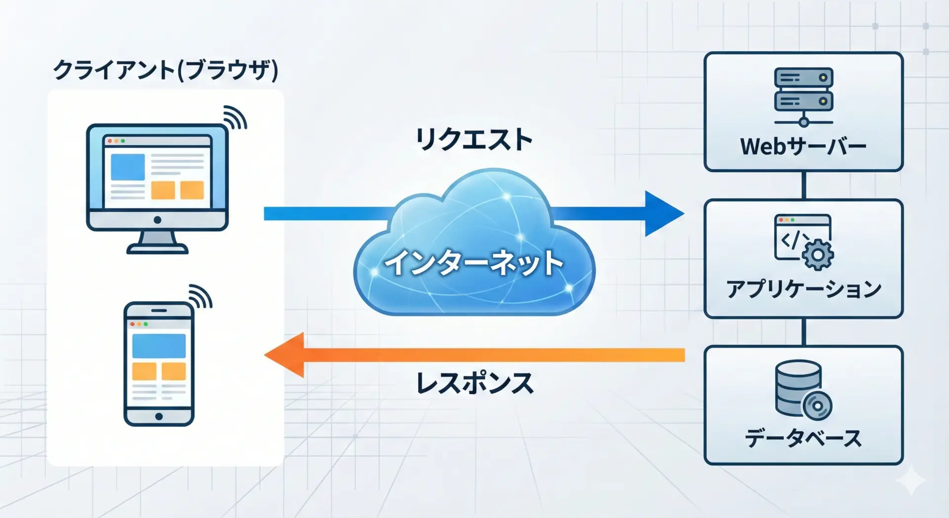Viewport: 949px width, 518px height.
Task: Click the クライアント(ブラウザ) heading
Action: point(166,70)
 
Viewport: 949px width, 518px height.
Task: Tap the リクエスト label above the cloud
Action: point(474,139)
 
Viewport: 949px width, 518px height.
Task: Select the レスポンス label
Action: point(474,383)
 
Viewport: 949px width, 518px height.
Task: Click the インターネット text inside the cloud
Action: point(474,262)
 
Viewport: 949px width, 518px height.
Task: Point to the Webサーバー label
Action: point(803,146)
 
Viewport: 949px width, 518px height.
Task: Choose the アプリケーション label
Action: point(803,289)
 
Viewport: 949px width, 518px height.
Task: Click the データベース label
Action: point(803,438)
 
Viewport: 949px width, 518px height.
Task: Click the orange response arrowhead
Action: point(287,355)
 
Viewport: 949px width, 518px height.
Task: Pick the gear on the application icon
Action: point(818,255)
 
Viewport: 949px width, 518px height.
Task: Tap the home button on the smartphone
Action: point(159,416)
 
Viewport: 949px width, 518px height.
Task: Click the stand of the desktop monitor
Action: point(157,242)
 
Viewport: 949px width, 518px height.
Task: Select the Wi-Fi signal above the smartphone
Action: point(200,296)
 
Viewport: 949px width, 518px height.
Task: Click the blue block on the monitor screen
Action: point(128,167)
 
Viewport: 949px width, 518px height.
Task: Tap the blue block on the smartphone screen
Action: point(159,345)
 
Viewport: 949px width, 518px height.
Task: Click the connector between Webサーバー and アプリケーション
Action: point(804,185)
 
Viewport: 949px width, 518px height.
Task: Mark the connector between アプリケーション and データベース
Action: point(804,331)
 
